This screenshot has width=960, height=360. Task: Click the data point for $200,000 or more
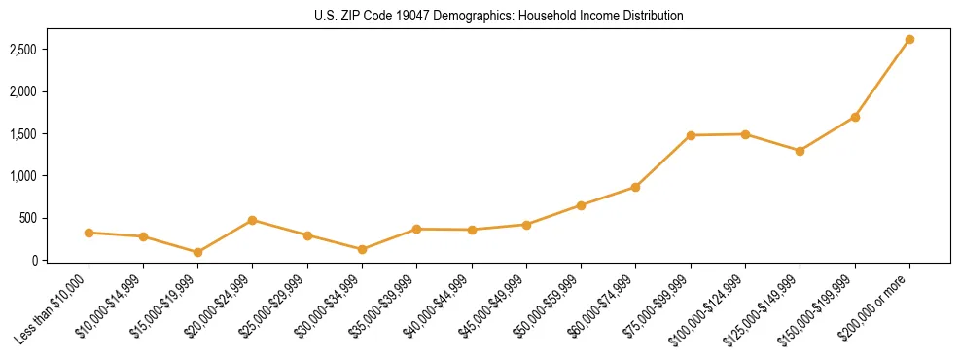pos(909,40)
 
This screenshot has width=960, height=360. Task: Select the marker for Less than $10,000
pos(89,233)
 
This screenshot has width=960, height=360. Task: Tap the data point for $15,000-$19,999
pos(198,252)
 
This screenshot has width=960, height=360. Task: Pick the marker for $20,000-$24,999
pos(253,220)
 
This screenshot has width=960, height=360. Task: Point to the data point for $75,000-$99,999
pos(691,135)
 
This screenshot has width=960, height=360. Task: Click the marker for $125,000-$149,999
pos(800,151)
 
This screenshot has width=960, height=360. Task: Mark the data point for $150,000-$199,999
pos(855,117)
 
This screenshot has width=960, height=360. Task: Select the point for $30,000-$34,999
pos(362,249)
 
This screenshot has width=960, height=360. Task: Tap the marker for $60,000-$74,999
pos(636,187)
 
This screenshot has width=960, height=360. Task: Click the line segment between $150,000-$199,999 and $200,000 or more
pos(882,78)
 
